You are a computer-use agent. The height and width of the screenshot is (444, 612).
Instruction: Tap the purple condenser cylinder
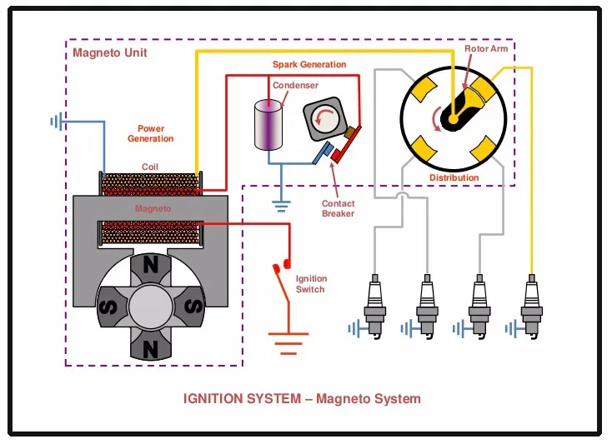268,126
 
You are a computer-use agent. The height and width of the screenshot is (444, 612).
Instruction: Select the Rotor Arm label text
486,49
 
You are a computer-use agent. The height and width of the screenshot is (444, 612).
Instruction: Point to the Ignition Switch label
311,284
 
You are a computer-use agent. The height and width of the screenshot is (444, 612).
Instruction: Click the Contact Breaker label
338,208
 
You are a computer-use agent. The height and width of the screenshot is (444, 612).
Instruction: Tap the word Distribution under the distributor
454,177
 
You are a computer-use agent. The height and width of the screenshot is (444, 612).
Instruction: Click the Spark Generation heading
309,64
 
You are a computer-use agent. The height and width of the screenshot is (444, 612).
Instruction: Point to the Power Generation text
151,134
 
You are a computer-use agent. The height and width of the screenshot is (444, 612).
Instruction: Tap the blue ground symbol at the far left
57,122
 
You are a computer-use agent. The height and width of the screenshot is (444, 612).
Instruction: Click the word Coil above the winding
150,167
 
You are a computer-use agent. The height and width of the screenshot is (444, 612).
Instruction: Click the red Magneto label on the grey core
153,208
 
